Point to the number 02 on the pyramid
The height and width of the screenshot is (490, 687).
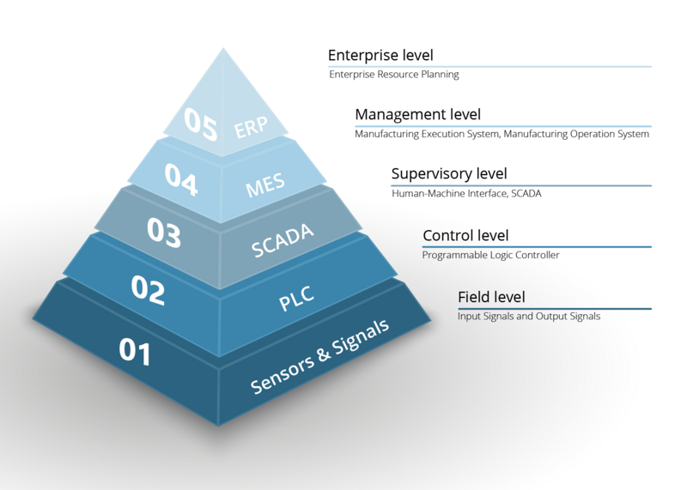click(x=148, y=289)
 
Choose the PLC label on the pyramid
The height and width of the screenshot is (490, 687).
click(x=295, y=299)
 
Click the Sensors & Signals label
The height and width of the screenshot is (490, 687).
click(x=319, y=357)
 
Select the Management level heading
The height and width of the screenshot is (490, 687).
click(x=417, y=114)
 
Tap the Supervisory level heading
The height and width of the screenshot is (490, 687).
click(x=449, y=174)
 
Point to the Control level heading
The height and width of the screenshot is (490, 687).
click(x=465, y=235)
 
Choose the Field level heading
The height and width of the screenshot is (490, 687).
click(x=490, y=297)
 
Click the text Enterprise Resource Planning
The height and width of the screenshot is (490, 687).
click(x=394, y=75)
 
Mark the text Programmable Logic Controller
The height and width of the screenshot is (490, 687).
click(x=490, y=255)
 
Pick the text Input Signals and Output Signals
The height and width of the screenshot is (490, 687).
click(x=528, y=317)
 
